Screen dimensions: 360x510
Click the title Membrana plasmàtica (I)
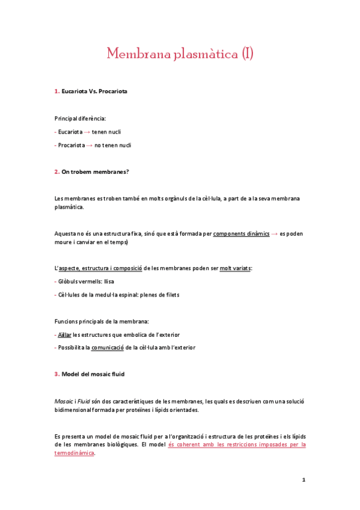pos(180,54)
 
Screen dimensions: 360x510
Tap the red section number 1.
pos(56,91)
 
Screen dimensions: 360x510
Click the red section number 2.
pos(56,172)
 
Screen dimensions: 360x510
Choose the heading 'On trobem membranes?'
pos(96,172)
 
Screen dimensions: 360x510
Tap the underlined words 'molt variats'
pos(236,268)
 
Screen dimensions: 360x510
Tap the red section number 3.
pos(56,374)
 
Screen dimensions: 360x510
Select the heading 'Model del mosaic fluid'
pos(93,374)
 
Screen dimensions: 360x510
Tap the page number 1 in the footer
pos(304,480)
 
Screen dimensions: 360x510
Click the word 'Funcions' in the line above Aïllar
pos(67,321)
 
